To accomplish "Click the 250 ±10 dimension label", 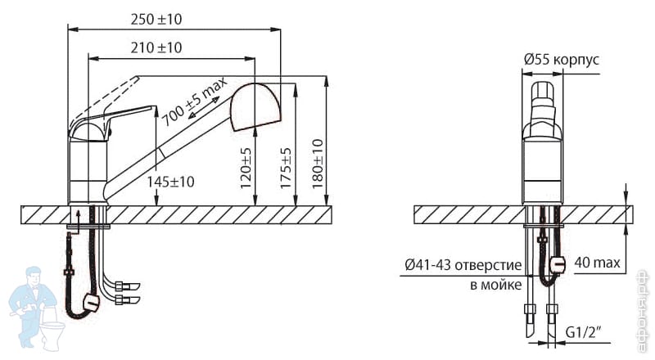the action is [156, 20].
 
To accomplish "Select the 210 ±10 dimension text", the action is [156, 48].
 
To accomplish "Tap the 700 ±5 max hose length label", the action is [194, 101].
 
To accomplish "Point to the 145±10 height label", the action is [170, 182].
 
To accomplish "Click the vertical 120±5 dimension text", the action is [246, 169].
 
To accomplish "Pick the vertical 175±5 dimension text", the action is [286, 169].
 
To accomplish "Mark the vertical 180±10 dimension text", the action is [318, 164].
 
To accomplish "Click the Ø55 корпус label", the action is [562, 60].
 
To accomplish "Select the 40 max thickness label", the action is [598, 263].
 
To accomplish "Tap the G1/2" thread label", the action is [584, 333].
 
